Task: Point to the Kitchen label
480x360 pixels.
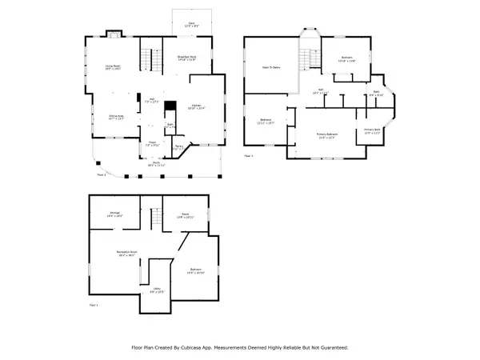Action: (196, 106)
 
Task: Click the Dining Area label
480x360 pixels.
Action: (116, 117)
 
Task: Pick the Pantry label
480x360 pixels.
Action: (180, 147)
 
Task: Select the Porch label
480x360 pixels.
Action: (158, 163)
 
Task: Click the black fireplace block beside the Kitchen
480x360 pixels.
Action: (170, 106)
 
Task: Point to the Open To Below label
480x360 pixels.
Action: (271, 68)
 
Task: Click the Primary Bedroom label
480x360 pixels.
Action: (326, 134)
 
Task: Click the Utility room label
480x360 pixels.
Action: (157, 290)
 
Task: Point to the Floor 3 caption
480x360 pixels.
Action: (248, 156)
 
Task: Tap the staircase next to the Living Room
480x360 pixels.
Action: (146, 58)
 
